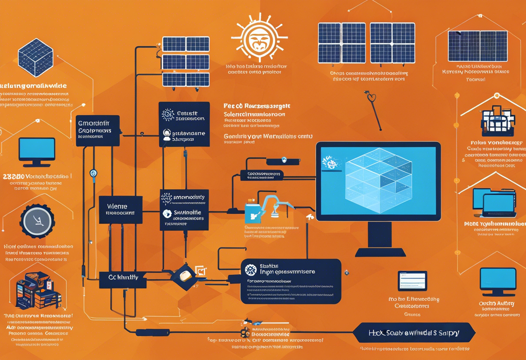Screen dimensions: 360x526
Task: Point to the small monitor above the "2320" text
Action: pos(37,151)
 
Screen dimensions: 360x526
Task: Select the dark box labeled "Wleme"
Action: pos(121,209)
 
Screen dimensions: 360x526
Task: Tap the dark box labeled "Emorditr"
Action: pos(98,130)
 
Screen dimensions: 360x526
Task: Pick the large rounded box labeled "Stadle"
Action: pos(291,281)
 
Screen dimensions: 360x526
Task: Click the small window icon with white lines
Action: pos(412,281)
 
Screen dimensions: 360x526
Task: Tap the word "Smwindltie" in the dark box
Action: pos(187,212)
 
